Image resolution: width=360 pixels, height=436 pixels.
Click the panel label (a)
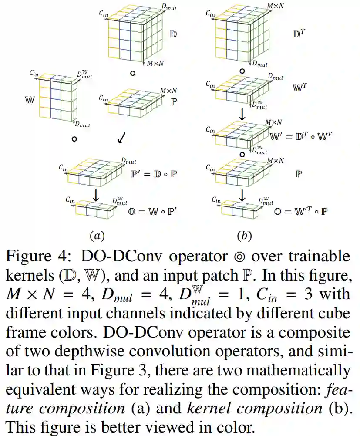click(x=97, y=236)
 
